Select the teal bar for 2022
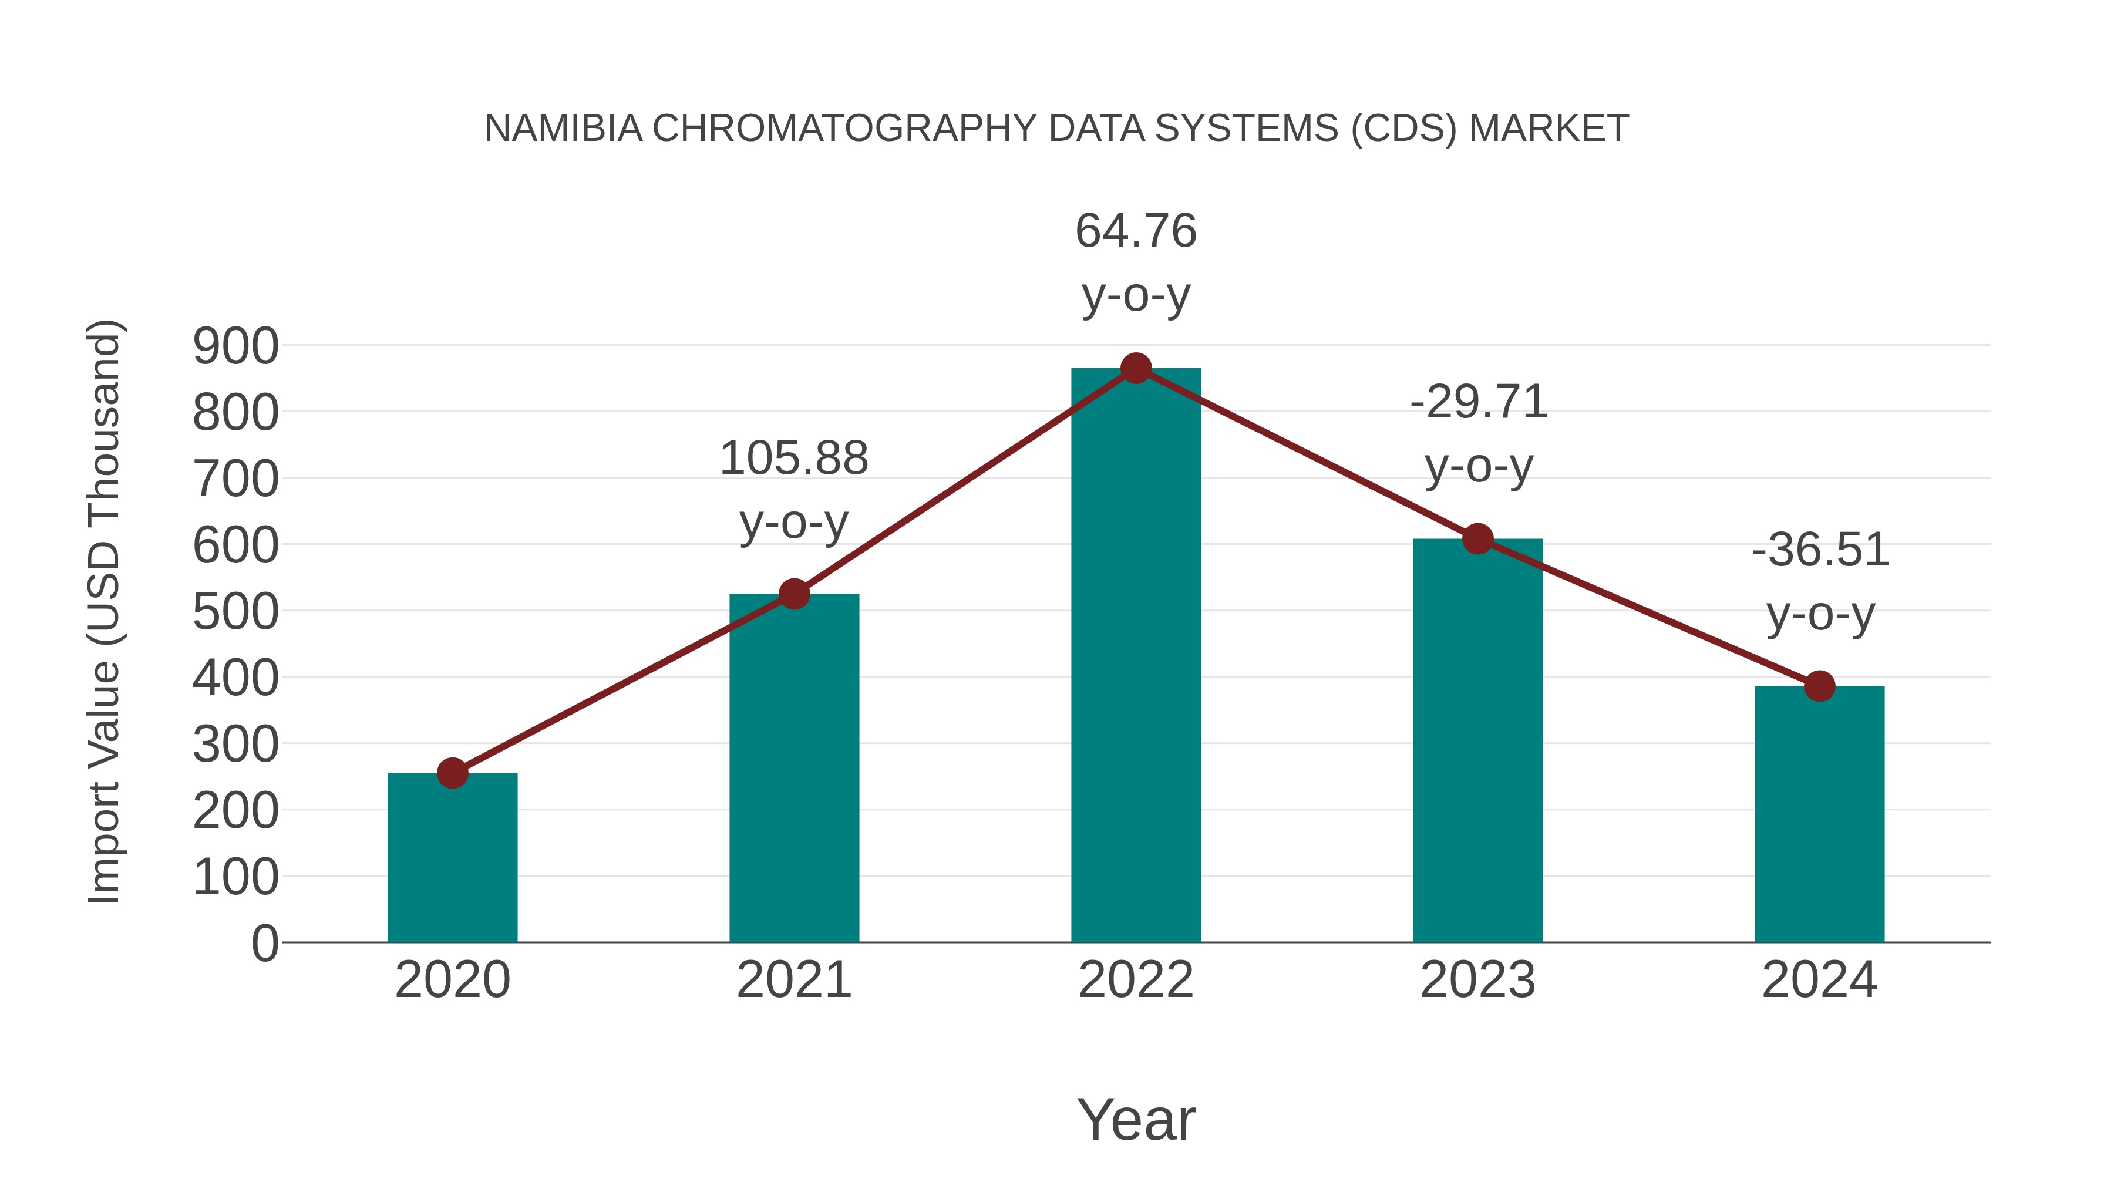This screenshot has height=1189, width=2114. click(x=1136, y=656)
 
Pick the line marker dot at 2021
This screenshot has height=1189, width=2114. click(x=793, y=593)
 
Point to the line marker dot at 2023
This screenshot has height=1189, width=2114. click(x=1477, y=539)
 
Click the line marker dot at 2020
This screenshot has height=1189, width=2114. click(x=452, y=773)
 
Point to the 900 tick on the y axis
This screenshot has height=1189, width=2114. click(x=235, y=346)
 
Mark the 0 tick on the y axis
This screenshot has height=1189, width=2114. click(x=264, y=944)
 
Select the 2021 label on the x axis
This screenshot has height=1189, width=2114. click(x=793, y=980)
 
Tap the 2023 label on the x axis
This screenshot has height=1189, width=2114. click(x=1477, y=980)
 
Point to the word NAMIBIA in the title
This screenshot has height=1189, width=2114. click(x=563, y=129)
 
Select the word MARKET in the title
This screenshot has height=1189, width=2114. click(x=1548, y=129)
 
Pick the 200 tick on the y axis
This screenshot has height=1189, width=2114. click(x=235, y=811)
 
